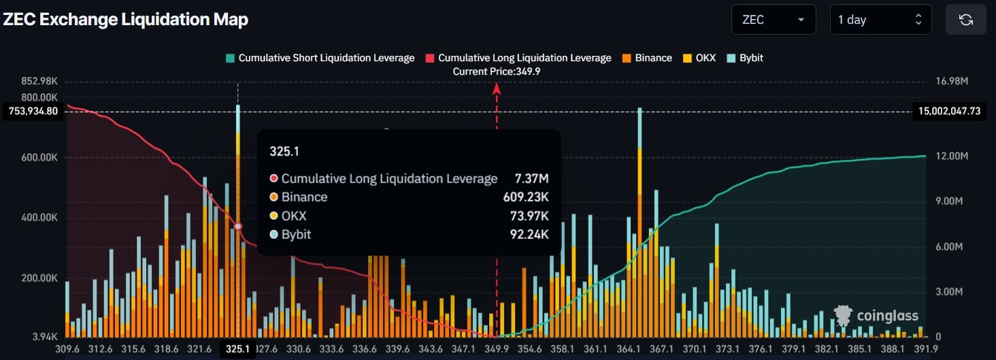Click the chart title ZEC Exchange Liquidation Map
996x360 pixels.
point(125,20)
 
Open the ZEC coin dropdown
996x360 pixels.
point(773,20)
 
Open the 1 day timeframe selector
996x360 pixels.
point(880,20)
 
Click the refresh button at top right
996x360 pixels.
point(965,20)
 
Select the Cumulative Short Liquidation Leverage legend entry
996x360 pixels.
point(320,58)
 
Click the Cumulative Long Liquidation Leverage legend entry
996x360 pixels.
point(518,58)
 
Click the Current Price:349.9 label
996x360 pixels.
point(497,71)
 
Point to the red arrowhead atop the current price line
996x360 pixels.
point(497,88)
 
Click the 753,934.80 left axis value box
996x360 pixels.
point(34,112)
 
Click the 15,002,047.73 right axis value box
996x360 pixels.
point(948,112)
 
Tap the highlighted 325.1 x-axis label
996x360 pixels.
point(237,349)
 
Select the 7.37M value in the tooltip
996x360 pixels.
point(531,178)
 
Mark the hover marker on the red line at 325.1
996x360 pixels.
point(237,227)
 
